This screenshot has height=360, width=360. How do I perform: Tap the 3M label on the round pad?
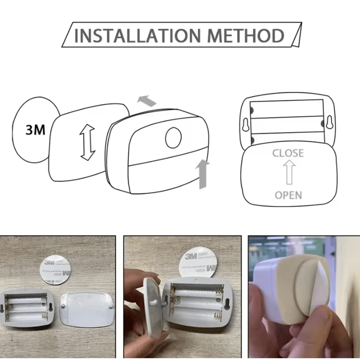click(x=35, y=130)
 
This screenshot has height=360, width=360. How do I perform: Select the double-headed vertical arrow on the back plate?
click(x=87, y=143)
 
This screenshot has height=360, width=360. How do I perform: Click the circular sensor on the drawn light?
click(x=174, y=137)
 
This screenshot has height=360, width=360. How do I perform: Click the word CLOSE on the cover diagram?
click(x=288, y=153)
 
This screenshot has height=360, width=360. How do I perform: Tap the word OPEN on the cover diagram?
click(x=288, y=195)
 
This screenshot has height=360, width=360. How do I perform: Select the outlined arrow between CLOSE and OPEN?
click(x=289, y=173)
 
